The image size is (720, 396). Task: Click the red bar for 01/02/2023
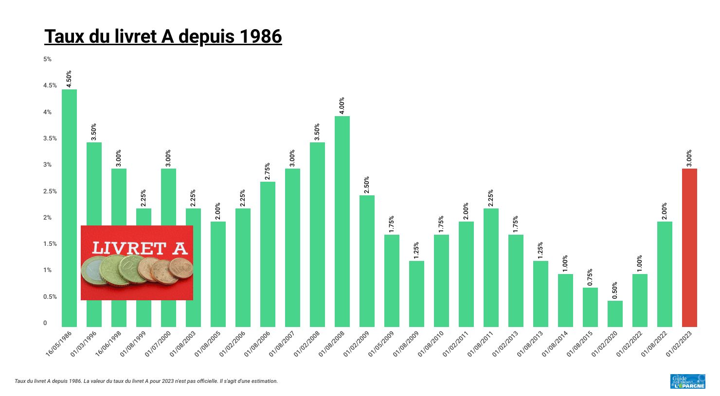point(689,248)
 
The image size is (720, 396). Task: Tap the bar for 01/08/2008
point(342,221)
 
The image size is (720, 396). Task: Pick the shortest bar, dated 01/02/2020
point(615,314)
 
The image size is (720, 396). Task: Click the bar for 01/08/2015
point(590,307)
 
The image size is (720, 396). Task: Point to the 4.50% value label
point(69,79)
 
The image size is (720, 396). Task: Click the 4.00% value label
point(342,105)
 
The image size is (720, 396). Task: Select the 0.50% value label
point(615,290)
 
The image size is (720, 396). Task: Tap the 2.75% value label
point(268,171)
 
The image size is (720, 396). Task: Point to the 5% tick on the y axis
point(47,59)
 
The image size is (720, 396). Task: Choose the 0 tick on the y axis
point(45,323)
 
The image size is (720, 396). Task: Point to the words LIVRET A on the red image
point(139,248)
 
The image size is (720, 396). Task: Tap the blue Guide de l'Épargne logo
point(687,381)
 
